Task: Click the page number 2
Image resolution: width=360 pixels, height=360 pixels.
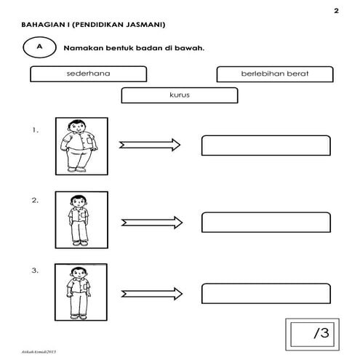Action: point(336,10)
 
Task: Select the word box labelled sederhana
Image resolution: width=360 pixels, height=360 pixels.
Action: point(88,73)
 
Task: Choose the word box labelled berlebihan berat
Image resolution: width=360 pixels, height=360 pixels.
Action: point(274,73)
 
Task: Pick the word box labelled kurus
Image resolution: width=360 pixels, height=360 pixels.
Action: point(179,95)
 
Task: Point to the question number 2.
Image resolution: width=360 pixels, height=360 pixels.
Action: point(35,199)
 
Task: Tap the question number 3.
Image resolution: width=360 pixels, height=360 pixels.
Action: point(35,271)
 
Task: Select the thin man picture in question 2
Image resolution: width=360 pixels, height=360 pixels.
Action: point(80,220)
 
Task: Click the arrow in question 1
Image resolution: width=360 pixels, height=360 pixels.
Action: point(150,145)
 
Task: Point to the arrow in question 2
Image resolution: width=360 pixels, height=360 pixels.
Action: point(150,222)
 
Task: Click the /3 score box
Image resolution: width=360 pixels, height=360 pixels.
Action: point(316,334)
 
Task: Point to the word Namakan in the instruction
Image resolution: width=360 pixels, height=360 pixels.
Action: point(83,48)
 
